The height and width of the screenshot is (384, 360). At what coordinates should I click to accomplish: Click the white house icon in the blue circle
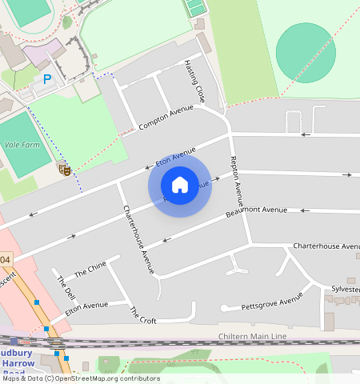point(180,186)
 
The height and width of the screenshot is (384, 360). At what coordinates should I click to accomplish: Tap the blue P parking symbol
point(47,79)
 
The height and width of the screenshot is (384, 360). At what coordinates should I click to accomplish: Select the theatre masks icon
point(64,169)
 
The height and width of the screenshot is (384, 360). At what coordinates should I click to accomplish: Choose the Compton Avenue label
point(166,118)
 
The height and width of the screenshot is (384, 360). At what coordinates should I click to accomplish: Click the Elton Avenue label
point(86,306)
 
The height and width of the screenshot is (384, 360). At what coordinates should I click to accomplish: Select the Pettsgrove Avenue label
point(273,302)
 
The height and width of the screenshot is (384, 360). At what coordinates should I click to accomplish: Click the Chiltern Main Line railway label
point(253,337)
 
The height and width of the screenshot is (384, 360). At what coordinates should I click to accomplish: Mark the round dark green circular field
point(306,52)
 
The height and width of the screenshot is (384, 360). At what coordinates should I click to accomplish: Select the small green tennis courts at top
point(194,8)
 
